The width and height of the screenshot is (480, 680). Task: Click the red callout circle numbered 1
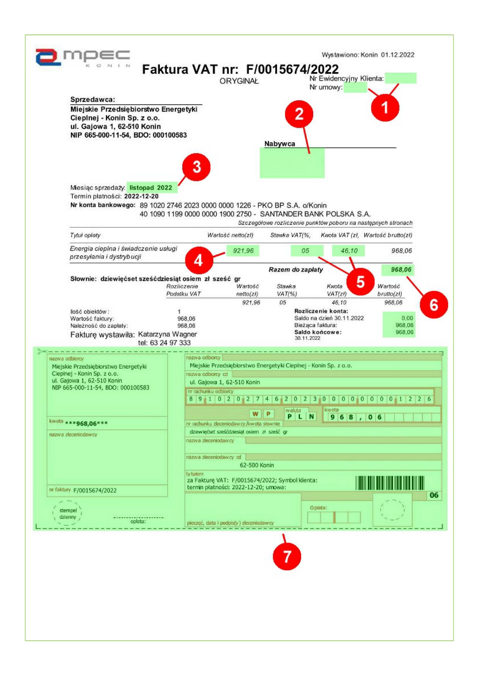tap(385, 107)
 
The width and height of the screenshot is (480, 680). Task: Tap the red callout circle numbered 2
tap(299, 114)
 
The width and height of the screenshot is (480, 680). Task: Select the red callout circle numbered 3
tap(196, 167)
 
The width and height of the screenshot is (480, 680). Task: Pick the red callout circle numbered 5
tap(360, 282)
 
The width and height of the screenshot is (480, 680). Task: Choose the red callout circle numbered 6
tap(434, 305)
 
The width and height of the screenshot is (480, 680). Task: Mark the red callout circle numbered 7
tap(286, 556)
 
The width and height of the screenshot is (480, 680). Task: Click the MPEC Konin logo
tap(83, 57)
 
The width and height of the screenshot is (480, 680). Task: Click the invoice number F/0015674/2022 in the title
tap(292, 69)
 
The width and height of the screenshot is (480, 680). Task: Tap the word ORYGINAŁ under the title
tap(239, 81)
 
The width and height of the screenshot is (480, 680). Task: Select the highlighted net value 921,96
tap(243, 251)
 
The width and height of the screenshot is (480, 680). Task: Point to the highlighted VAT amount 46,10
tap(349, 251)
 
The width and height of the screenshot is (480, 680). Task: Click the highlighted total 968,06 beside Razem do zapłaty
tap(401, 269)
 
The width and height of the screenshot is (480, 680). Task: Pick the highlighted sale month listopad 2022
tap(151, 188)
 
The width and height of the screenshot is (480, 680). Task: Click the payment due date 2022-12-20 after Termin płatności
tap(141, 196)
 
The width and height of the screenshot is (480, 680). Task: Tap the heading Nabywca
tap(279, 144)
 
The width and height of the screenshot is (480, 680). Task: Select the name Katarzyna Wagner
tap(167, 334)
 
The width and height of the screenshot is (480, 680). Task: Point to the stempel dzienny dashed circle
tap(67, 514)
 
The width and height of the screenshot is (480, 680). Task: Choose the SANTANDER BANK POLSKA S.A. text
tap(315, 214)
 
